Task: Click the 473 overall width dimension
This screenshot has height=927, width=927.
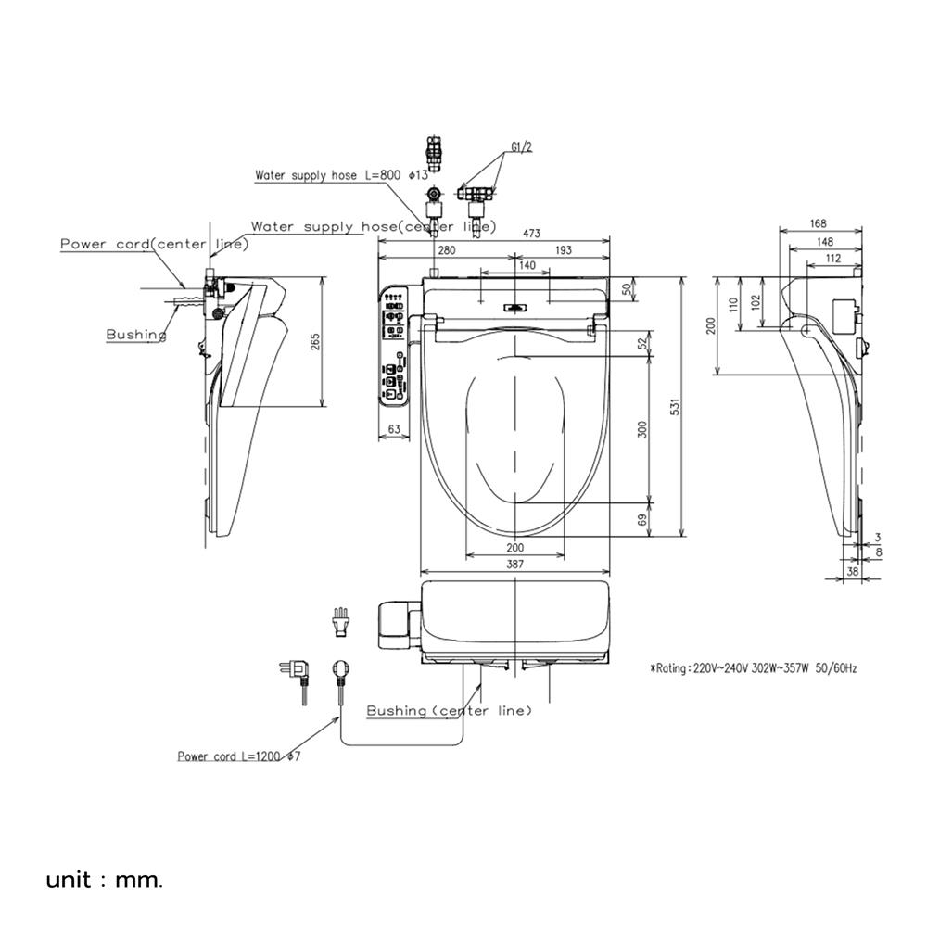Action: click(531, 233)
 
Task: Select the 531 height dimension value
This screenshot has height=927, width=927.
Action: click(675, 406)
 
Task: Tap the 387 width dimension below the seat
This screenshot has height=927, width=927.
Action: click(514, 564)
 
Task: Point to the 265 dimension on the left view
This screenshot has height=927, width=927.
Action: click(314, 342)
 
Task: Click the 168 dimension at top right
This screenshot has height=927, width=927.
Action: click(819, 223)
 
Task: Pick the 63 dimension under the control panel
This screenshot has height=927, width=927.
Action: click(394, 430)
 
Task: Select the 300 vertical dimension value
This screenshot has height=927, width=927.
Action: click(642, 429)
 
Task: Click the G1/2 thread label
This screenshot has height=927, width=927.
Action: click(521, 146)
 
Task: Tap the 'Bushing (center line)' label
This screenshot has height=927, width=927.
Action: click(449, 711)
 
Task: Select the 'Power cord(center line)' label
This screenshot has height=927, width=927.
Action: click(154, 244)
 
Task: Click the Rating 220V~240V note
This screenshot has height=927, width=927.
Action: click(753, 668)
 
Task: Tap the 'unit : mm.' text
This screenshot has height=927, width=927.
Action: click(104, 881)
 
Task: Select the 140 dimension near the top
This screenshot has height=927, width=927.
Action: click(527, 265)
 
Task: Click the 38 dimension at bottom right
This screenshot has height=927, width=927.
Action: click(852, 572)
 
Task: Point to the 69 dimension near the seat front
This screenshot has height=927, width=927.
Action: click(642, 520)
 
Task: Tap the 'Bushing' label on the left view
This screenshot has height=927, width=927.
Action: click(136, 335)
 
